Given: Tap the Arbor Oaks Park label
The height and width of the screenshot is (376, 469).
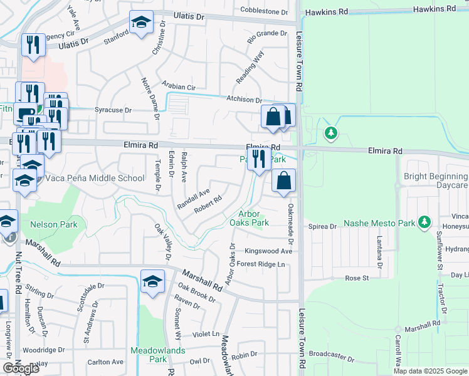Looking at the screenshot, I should (x=249, y=218).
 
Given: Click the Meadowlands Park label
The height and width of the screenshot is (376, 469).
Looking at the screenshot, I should (x=158, y=355).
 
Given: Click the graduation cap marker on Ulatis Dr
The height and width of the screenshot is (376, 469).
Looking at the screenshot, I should (x=142, y=24).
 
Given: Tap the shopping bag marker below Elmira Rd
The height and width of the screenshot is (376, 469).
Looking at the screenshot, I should (x=284, y=181).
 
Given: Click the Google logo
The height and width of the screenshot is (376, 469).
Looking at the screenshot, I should (x=21, y=368).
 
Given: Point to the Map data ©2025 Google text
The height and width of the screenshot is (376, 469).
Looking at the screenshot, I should (x=429, y=371).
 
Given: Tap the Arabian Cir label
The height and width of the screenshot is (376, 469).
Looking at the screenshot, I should (x=179, y=86).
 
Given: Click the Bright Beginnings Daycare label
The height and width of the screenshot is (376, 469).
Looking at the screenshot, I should (x=436, y=182).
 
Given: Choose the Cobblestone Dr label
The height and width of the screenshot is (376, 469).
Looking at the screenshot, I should (x=264, y=11).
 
